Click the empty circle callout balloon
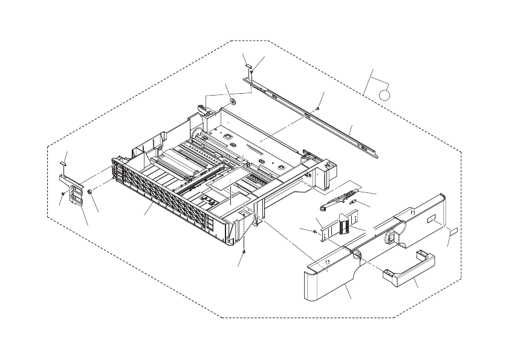tap(385, 94)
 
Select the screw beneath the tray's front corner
tap(244, 251)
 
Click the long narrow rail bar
tap(314, 115)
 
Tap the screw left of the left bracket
tap(63, 194)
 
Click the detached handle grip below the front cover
tap(409, 270)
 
